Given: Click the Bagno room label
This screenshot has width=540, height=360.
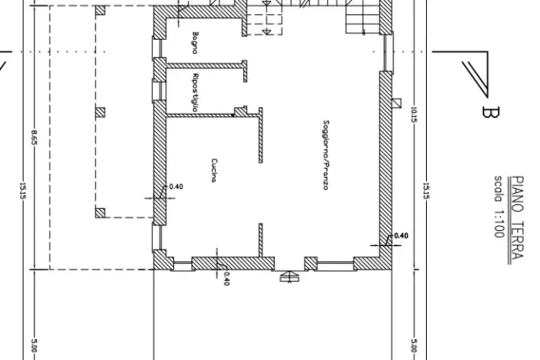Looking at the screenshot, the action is pyautogui.click(x=195, y=43).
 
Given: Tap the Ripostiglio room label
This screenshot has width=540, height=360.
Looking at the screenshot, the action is pyautogui.click(x=195, y=93).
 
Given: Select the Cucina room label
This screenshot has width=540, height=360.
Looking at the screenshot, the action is pyautogui.click(x=214, y=170).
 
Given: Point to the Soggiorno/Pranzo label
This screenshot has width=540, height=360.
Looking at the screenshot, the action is pyautogui.click(x=326, y=155).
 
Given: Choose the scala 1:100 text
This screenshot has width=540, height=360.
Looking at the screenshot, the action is pyautogui.click(x=499, y=207).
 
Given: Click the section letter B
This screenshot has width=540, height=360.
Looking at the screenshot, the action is pyautogui.click(x=489, y=112).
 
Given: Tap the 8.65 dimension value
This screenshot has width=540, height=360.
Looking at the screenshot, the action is pyautogui.click(x=35, y=137).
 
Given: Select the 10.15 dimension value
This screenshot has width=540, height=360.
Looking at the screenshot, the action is pyautogui.click(x=414, y=115).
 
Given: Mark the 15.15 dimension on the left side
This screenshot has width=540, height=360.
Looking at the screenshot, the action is pyautogui.click(x=23, y=191).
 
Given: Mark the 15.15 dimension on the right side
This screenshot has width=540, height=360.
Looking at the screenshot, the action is pyautogui.click(x=425, y=191).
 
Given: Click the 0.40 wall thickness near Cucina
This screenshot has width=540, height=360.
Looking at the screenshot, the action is pyautogui.click(x=176, y=187).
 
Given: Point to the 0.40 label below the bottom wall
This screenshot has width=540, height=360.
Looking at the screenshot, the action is pyautogui.click(x=226, y=279).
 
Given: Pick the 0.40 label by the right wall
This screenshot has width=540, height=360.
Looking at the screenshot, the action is pyautogui.click(x=402, y=236).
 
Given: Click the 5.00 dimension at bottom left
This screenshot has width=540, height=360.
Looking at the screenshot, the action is pyautogui.click(x=34, y=346).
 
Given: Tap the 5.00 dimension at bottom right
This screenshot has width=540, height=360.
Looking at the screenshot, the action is pyautogui.click(x=414, y=346).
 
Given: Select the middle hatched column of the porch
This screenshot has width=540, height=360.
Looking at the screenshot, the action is pyautogui.click(x=100, y=112).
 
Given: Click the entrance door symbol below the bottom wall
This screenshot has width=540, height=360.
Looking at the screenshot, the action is pyautogui.click(x=289, y=277).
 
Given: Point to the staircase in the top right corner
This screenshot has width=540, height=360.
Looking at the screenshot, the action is pyautogui.click(x=362, y=17).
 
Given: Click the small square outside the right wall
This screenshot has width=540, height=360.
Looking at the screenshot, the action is pyautogui.click(x=397, y=103).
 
